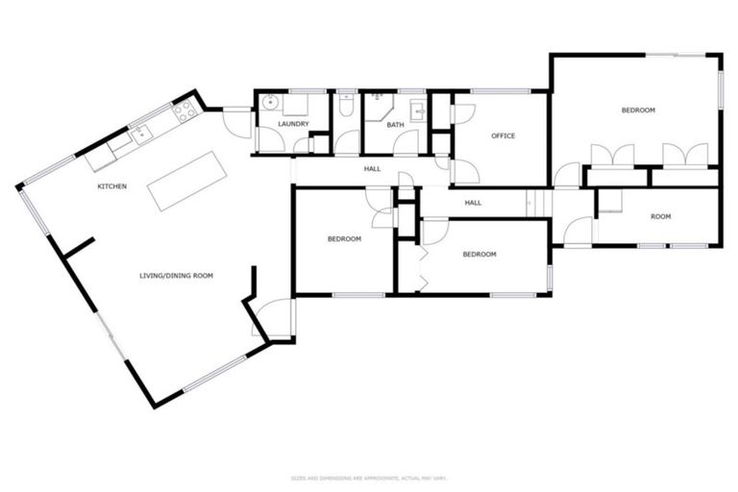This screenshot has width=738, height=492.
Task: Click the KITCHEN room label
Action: pyautogui.click(x=112, y=185)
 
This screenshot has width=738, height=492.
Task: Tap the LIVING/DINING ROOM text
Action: pyautogui.click(x=176, y=276)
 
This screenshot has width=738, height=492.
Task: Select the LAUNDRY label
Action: pyautogui.click(x=293, y=124)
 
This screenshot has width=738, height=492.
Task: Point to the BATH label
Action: pyautogui.click(x=396, y=124)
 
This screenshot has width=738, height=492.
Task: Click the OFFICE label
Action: pyautogui.click(x=503, y=135)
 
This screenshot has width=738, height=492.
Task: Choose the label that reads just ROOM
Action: pyautogui.click(x=660, y=216)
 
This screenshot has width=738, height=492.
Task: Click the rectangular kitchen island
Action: pyautogui.click(x=184, y=180)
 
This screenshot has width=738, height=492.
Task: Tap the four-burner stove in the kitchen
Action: pyautogui.click(x=185, y=111)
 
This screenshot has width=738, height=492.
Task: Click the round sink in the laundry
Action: pyautogui.click(x=270, y=101)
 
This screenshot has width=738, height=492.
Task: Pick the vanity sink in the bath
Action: pyautogui.click(x=419, y=113)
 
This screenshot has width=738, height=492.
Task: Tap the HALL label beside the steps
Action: pyautogui.click(x=473, y=203)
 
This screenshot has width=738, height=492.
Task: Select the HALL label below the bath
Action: pyautogui.click(x=372, y=169)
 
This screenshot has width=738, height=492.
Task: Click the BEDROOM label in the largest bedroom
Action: pyautogui.click(x=638, y=111)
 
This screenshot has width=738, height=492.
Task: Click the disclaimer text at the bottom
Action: pyautogui.click(x=369, y=477)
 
